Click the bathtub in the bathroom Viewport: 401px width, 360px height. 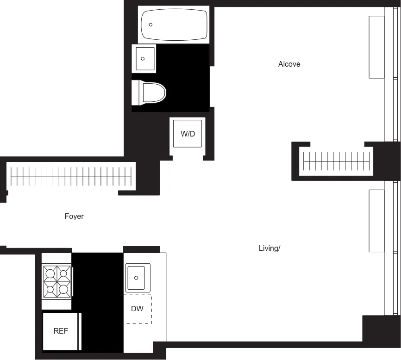(x=174, y=25)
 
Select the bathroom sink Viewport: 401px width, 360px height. (x=144, y=58)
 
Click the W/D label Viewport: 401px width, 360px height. (x=188, y=134)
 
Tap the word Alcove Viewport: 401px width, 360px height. (x=289, y=64)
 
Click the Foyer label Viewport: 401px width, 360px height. (x=74, y=216)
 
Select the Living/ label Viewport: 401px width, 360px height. (x=269, y=248)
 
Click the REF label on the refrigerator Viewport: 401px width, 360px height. (x=61, y=331)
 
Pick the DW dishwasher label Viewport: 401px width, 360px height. (x=137, y=309)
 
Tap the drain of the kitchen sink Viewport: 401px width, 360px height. (x=136, y=278)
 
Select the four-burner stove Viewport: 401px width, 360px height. (x=57, y=281)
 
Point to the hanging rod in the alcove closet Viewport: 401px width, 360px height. (x=337, y=161)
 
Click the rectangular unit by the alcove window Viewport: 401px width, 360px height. (x=376, y=47)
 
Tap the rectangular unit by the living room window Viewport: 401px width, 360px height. (x=376, y=220)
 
